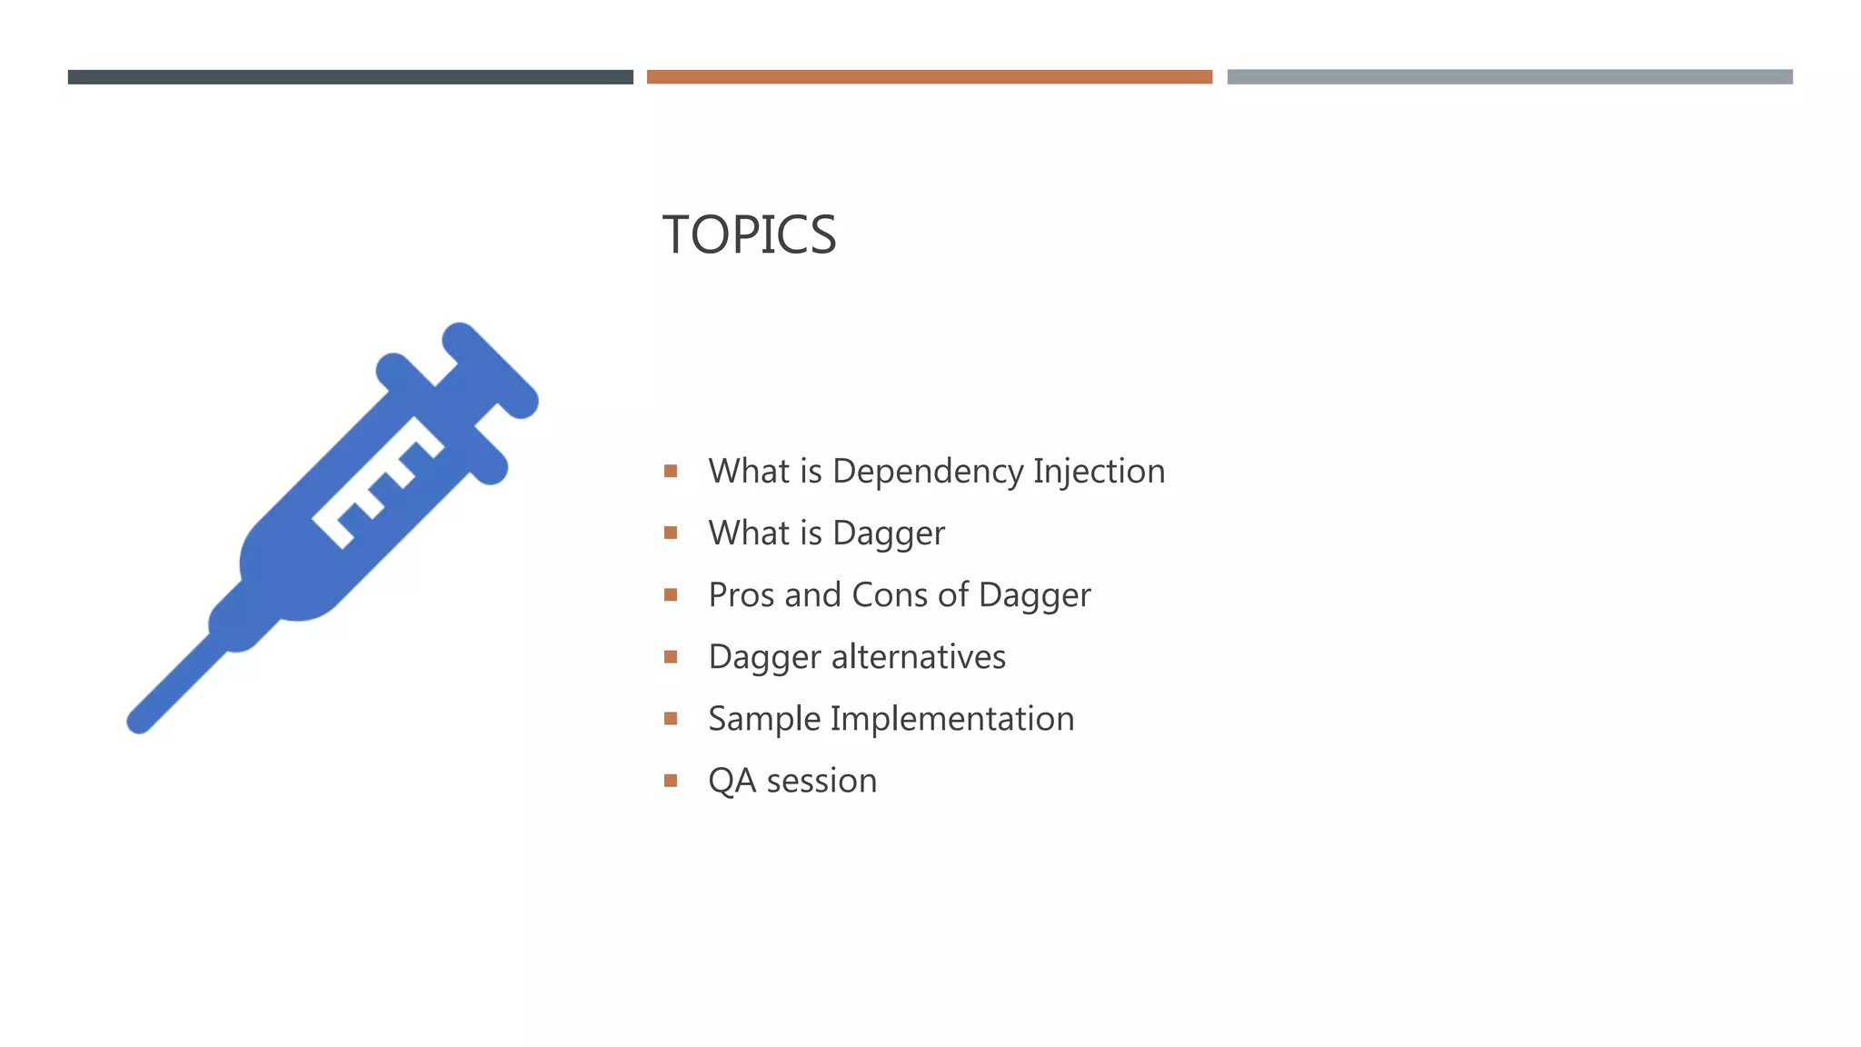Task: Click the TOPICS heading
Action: point(749,234)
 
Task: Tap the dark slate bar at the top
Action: point(350,77)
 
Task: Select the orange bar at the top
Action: point(929,77)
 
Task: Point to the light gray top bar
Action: point(1509,77)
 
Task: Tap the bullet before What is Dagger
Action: point(671,533)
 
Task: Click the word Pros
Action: point(741,594)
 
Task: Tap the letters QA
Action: point(731,781)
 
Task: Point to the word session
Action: point(821,781)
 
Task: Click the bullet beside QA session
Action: point(671,781)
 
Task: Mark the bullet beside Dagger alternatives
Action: point(671,656)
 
